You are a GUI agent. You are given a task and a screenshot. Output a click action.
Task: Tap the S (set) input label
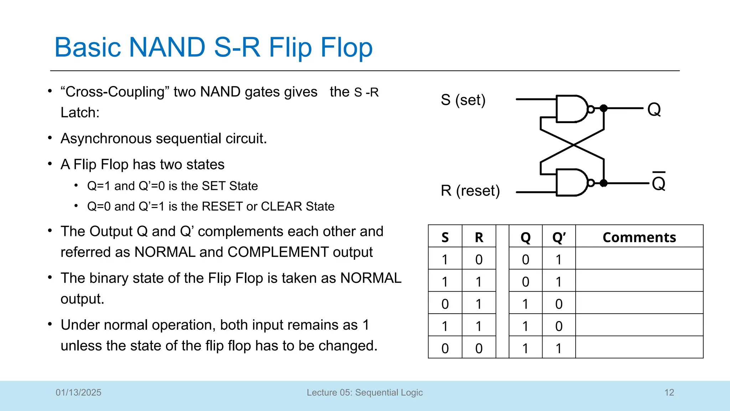[x=463, y=100]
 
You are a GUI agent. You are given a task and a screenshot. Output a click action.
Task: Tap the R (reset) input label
[x=470, y=191]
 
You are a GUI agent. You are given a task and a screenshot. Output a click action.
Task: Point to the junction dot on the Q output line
[x=603, y=108]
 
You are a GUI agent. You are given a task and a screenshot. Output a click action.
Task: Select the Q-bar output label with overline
[x=658, y=182]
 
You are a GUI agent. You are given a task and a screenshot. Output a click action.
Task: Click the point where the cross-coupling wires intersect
[x=573, y=144]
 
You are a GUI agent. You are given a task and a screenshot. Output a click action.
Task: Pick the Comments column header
[x=639, y=237]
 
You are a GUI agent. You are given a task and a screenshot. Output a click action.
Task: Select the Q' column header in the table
[x=559, y=237]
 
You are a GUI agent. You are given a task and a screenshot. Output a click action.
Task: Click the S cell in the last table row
[x=445, y=348]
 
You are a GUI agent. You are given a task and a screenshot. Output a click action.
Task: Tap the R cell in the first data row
[x=479, y=259]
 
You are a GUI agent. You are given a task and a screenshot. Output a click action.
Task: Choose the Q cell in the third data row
[x=525, y=304]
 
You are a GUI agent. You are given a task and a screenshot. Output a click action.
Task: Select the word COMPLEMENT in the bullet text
[x=278, y=252]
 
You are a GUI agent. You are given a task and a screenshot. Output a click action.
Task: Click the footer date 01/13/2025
[x=78, y=392]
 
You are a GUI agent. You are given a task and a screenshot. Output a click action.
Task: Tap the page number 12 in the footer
[x=669, y=392]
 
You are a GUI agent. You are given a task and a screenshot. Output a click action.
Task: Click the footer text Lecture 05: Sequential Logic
[x=365, y=392]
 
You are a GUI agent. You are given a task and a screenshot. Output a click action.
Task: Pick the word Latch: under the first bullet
[x=80, y=113]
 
